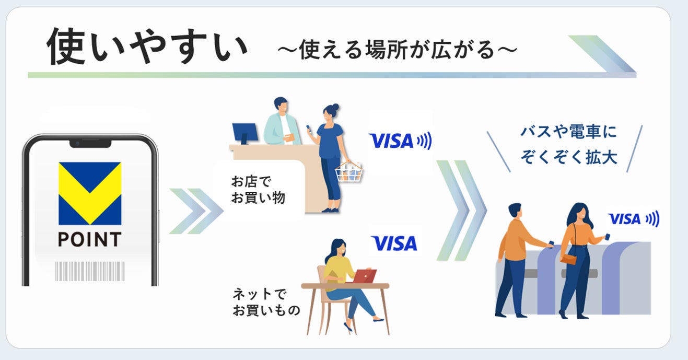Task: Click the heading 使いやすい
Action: pos(147,48)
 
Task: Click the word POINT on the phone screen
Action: pos(89,239)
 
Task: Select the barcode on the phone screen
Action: pos(90,271)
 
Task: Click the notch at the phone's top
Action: pos(90,142)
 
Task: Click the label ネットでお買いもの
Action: pos(266,303)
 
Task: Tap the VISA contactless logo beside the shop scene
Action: pos(400,141)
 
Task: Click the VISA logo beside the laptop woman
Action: pos(394,243)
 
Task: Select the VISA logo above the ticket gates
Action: pos(633,219)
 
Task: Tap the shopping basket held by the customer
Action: pos(348,171)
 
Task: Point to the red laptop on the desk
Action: pos(364,276)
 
